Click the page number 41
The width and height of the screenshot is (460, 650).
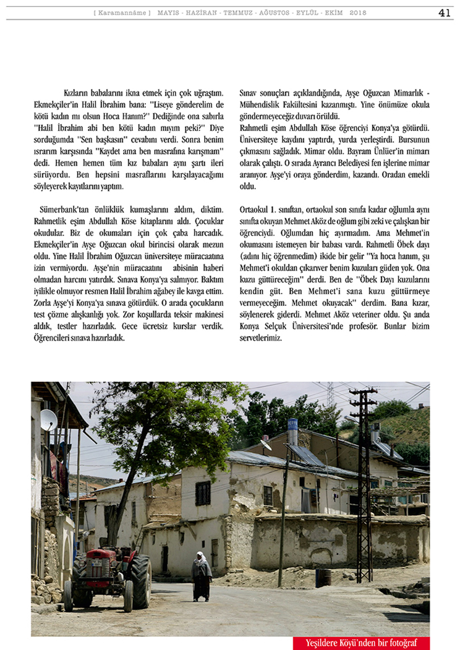(x=444, y=13)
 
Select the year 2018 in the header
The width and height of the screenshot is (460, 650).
(x=358, y=13)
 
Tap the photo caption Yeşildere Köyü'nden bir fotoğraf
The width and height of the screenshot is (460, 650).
(x=361, y=643)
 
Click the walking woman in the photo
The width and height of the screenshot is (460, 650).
(x=201, y=576)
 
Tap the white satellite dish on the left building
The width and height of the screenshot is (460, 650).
(x=48, y=420)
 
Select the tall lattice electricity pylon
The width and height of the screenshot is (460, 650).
(x=363, y=482)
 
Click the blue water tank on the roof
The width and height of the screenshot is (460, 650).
(x=292, y=424)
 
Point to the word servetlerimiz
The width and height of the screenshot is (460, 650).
(x=260, y=338)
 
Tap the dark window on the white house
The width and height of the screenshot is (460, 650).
(x=203, y=492)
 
